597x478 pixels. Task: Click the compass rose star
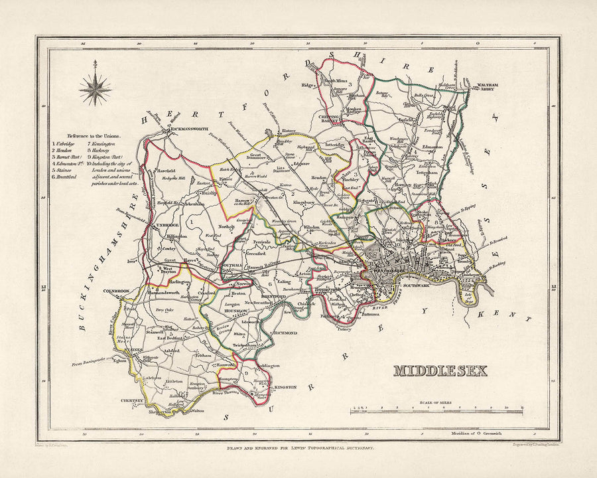click(96, 88)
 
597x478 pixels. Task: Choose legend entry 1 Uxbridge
click(66, 143)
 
